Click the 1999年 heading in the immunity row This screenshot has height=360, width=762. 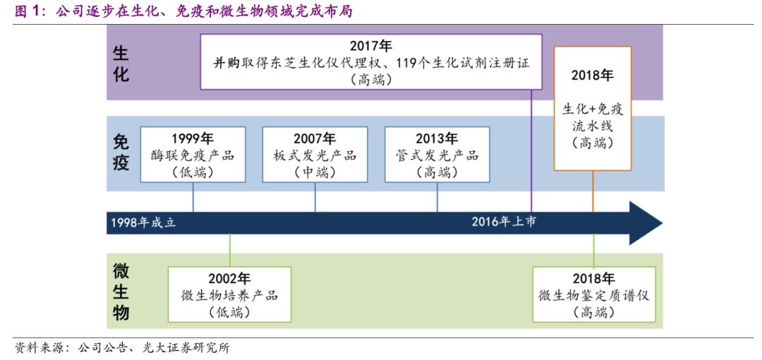[193, 138]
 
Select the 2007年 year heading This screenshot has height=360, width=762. [315, 138]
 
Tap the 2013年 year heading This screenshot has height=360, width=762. [437, 138]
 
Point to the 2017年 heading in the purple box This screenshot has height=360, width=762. [371, 46]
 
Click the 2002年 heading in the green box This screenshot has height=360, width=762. [229, 279]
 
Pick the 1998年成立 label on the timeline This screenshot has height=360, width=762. [143, 223]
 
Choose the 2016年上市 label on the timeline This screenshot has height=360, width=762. [504, 222]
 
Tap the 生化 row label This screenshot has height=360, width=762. [121, 63]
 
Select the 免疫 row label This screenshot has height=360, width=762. [121, 152]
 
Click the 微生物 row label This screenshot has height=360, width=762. [121, 292]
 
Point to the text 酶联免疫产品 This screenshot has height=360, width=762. [193, 156]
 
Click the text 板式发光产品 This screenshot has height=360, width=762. [315, 156]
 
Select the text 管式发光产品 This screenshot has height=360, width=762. [437, 156]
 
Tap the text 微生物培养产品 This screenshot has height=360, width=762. [229, 295]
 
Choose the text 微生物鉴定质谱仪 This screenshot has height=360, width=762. [594, 295]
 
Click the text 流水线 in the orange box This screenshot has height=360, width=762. [593, 126]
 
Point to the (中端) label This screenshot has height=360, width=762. [315, 172]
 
